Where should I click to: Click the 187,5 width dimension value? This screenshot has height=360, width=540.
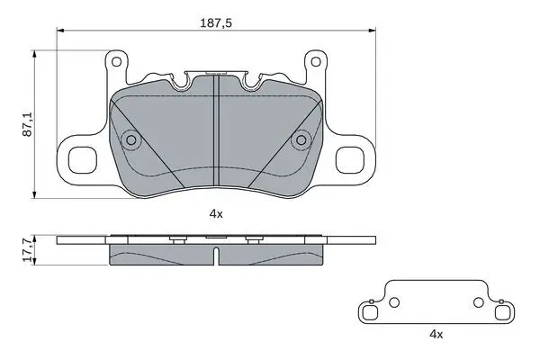[216, 23]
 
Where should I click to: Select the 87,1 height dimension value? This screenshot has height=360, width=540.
[28, 123]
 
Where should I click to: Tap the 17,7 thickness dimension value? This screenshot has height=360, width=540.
[28, 249]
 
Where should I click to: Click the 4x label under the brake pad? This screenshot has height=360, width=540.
[216, 214]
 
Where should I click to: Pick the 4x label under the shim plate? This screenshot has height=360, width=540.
[436, 334]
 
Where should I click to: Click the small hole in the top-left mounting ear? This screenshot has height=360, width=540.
[116, 62]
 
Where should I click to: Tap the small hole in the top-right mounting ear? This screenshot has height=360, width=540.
[316, 62]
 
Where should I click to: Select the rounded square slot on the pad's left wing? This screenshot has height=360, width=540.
[83, 160]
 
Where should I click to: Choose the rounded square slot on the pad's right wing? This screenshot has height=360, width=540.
[350, 160]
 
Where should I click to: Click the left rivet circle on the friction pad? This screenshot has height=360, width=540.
[131, 140]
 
